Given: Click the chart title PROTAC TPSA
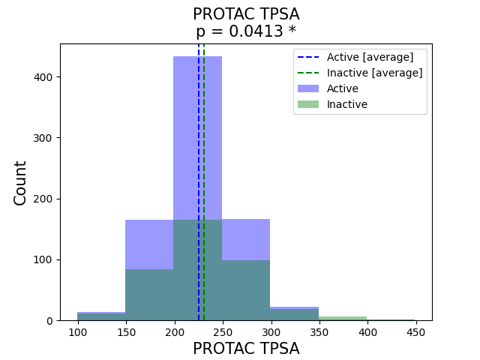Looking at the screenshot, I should click(246, 14).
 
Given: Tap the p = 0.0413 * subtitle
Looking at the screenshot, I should click(246, 31).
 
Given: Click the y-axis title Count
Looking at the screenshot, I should click(20, 182).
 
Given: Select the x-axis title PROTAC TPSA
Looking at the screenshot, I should click(246, 349).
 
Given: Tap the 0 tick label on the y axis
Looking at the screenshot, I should click(51, 321).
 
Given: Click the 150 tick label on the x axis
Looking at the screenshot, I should click(125, 332).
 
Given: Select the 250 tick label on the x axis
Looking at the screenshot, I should click(222, 332).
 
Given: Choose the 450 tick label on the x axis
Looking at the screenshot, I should click(415, 332).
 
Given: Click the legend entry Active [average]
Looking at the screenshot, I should click(370, 57).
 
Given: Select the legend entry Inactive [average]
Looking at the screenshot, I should click(374, 73).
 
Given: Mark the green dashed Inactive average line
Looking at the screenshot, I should click(204, 187).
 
